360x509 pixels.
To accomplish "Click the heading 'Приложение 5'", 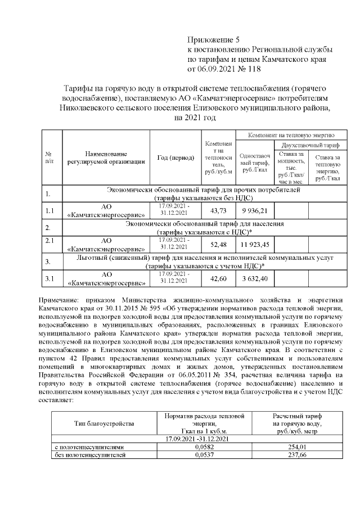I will [x=213, y=40].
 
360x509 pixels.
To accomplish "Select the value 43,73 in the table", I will [x=217, y=211].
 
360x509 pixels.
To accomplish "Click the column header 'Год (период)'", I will [x=175, y=157].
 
